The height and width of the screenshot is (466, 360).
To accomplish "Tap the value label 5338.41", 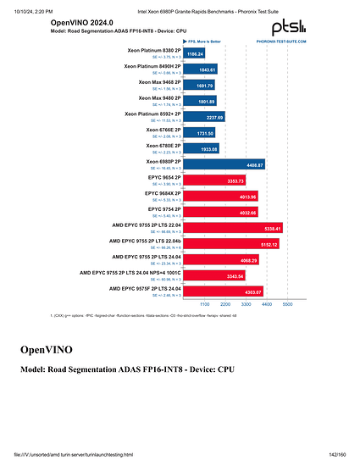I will click(x=292, y=229).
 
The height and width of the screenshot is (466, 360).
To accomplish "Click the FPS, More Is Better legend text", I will click(x=210, y=40).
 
